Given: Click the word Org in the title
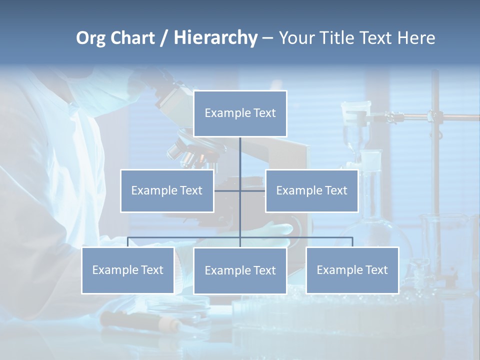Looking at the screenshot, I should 91,38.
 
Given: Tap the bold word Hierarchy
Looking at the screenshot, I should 215,38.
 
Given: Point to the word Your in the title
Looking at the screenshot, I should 295,38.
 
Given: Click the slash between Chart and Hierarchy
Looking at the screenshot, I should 163,38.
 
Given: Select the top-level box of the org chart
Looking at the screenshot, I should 240,113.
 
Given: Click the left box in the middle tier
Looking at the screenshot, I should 167,190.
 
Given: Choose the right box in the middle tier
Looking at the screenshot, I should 311,190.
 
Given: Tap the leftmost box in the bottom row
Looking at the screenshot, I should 127,270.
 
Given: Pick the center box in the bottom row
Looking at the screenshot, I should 240,270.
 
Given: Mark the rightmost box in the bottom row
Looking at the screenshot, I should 352,270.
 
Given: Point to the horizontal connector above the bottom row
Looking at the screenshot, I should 185,237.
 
